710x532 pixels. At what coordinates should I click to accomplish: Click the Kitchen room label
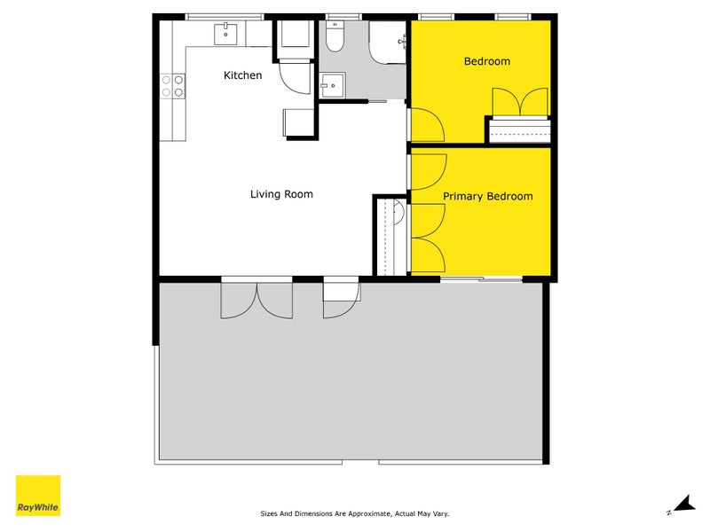242,75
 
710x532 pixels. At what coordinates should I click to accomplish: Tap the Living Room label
281,194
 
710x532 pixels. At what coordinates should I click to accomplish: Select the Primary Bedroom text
487,196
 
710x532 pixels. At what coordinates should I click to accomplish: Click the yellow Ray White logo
38,496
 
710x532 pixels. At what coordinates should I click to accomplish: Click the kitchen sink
225,35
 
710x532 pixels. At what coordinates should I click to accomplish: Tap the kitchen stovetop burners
172,86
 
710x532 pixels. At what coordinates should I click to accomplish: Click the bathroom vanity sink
332,85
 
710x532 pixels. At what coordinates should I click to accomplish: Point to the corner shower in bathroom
387,43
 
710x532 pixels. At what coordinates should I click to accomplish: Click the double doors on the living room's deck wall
256,301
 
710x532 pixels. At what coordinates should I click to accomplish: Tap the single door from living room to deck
342,301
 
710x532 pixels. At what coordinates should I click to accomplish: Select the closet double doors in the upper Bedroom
520,102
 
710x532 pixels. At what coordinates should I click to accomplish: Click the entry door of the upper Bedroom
428,125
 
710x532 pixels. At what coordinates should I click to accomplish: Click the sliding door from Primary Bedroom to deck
481,279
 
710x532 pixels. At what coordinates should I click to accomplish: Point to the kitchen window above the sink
225,17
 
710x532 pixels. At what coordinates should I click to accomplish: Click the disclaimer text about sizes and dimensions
354,513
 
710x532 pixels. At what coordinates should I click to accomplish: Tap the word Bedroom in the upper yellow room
487,61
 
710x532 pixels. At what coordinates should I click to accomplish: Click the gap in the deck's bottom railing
360,462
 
